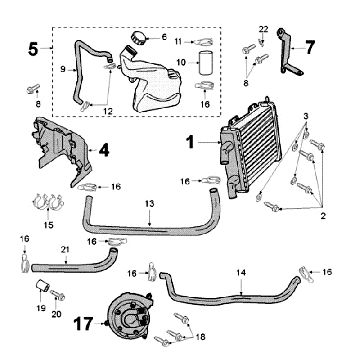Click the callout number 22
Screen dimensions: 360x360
pos(263,28)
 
